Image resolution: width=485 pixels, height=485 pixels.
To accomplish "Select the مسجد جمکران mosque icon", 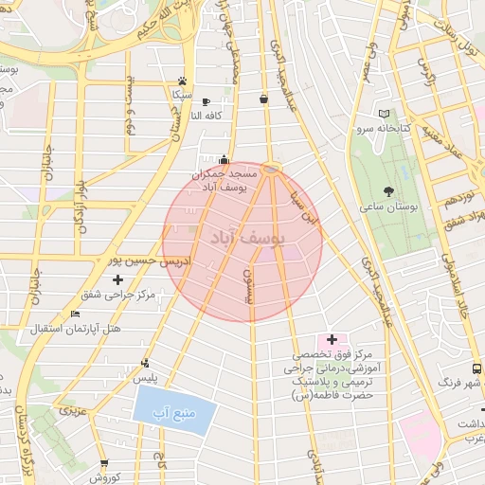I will pyautogui.click(x=224, y=159).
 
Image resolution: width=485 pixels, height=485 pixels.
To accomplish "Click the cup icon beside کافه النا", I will pyautogui.click(x=206, y=101).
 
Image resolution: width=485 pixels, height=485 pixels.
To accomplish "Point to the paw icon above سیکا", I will pyautogui.click(x=182, y=81).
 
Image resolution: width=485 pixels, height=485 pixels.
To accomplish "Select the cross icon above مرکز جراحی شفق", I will pyautogui.click(x=117, y=279).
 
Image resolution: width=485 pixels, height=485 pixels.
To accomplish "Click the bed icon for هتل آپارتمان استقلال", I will pyautogui.click(x=76, y=314).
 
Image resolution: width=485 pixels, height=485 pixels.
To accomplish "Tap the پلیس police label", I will pyautogui.click(x=144, y=377).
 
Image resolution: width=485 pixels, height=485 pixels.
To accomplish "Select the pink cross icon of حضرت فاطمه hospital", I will pyautogui.click(x=332, y=339).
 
